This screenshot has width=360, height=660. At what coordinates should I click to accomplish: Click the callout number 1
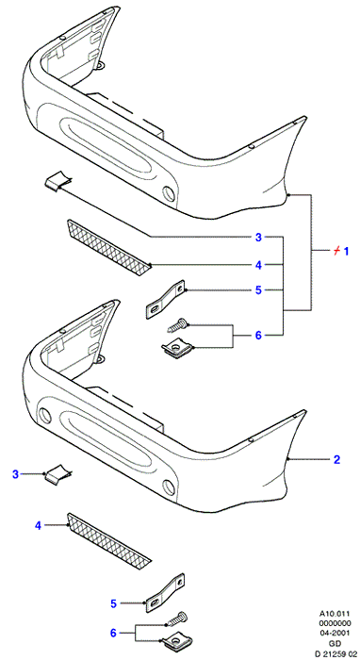tap(347, 252)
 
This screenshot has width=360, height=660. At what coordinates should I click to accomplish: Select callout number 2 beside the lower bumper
tap(336, 460)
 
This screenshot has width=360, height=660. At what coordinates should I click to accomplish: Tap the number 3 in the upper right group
tap(258, 238)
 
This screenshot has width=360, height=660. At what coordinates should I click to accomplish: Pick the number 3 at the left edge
tap(16, 475)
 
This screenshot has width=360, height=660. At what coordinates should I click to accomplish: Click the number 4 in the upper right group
tap(258, 265)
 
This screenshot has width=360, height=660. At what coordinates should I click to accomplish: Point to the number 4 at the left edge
tap(39, 526)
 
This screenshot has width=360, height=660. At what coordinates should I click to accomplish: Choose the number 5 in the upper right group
tap(258, 290)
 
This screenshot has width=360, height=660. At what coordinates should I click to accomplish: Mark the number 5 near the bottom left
tap(113, 604)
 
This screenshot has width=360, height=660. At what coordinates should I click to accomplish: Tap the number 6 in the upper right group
tap(258, 336)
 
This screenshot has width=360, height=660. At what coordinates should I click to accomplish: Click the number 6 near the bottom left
tap(113, 633)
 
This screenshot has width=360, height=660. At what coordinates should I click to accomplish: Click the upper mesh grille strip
tap(108, 247)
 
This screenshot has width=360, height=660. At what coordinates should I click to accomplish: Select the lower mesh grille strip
tap(108, 539)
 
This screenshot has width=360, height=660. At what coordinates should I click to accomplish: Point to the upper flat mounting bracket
tap(166, 299)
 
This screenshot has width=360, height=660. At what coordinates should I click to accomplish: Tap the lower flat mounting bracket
tap(166, 592)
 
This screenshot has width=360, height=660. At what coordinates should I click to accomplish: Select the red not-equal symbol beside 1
tap(335, 252)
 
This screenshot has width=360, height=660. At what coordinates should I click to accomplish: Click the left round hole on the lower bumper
tap(44, 416)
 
